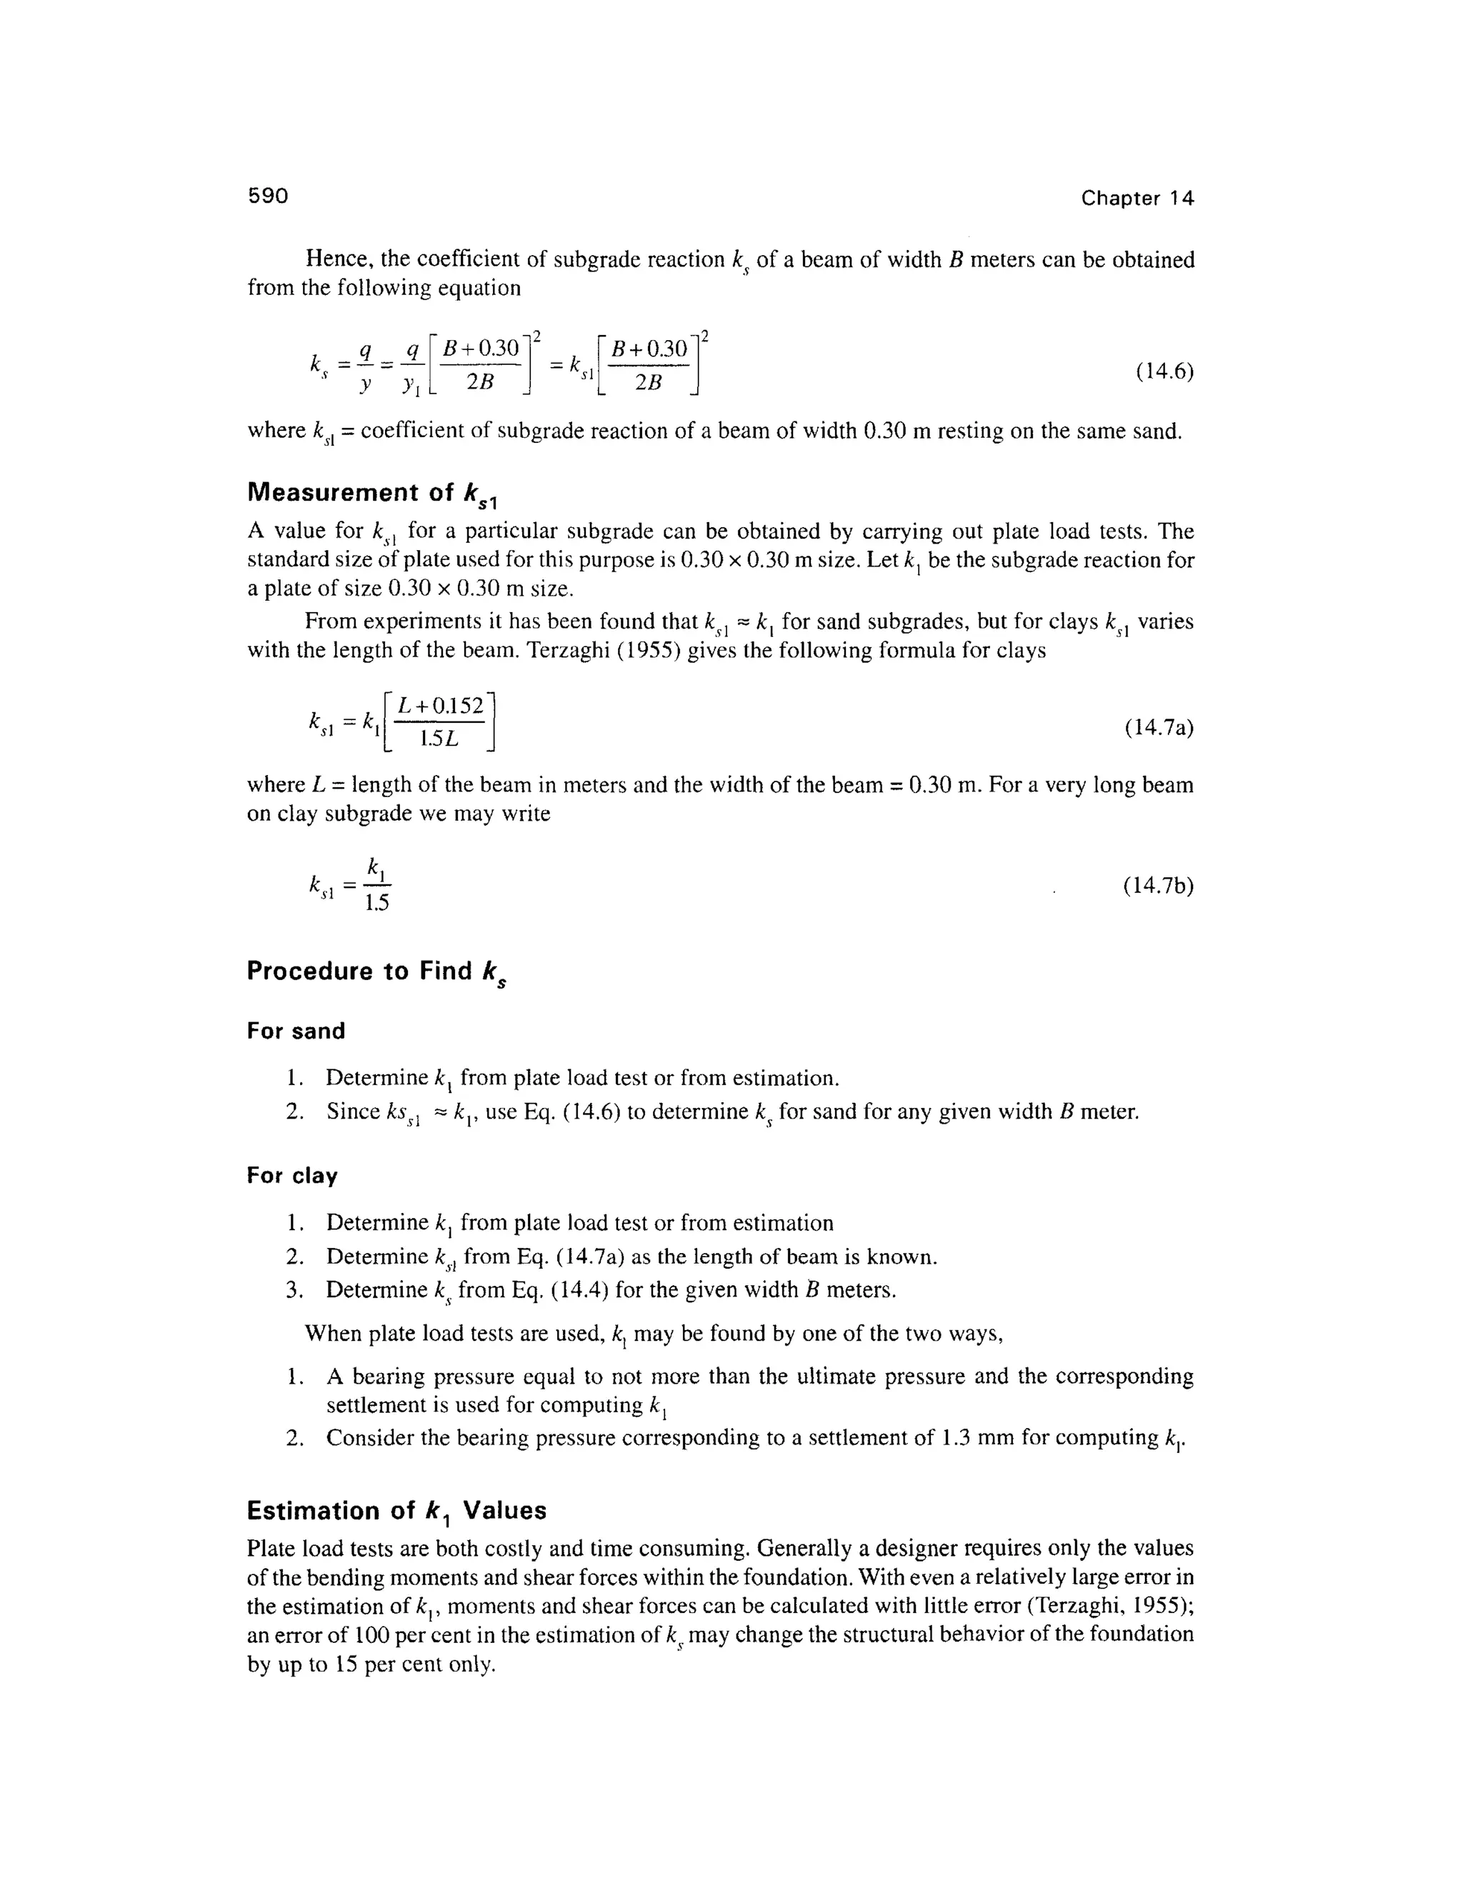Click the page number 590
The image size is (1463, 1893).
coord(268,196)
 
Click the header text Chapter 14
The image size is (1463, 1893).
coord(1137,199)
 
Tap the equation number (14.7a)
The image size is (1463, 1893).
coord(1159,726)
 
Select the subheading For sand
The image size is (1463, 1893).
coord(296,1031)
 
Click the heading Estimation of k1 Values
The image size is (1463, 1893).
coord(396,1511)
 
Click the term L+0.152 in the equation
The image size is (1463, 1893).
coord(440,706)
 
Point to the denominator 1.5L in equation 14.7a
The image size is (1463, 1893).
coord(439,739)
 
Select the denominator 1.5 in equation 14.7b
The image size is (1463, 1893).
coord(377,903)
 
